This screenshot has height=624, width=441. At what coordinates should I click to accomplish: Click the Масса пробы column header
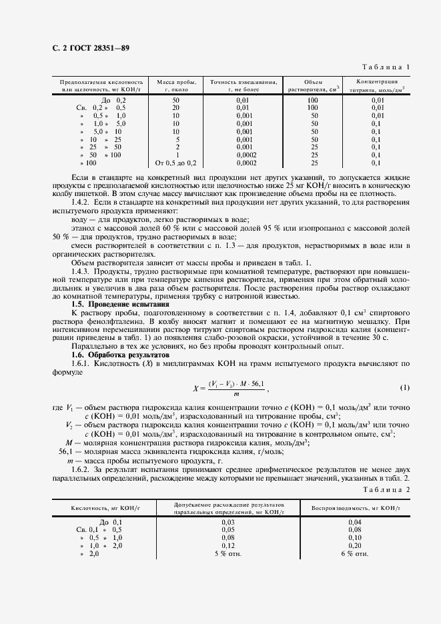coord(176,85)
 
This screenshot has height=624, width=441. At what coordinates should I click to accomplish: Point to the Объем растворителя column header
coord(313,85)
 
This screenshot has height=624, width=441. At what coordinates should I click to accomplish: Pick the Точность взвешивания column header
coord(243,85)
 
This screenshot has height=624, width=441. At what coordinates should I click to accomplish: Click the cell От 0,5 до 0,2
coord(176,163)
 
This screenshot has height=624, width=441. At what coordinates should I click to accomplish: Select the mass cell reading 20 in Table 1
coord(176,107)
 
